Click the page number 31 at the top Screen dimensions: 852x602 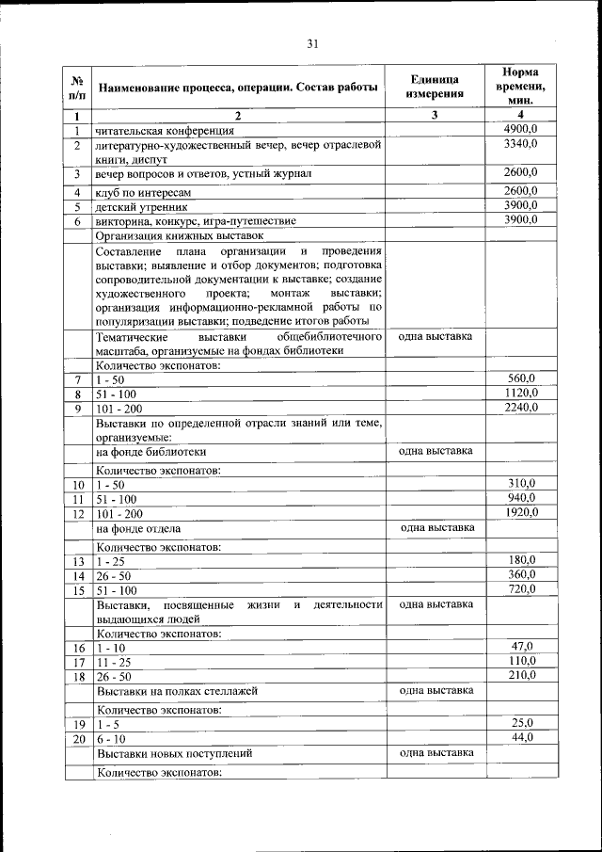[313, 42]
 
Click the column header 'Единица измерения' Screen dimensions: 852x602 [436, 87]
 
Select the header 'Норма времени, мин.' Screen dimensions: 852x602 [520, 86]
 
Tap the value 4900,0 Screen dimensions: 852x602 [520, 129]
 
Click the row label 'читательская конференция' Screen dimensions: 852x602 [165, 131]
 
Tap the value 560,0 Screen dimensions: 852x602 [520, 378]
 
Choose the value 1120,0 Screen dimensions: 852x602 [520, 393]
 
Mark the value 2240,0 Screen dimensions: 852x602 [520, 408]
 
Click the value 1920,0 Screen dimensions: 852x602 [520, 512]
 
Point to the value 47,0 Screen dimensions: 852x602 [521, 646]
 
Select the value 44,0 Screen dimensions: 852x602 [521, 737]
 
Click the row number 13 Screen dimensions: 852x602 [78, 562]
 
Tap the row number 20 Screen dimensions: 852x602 [78, 739]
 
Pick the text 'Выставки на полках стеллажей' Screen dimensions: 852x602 [177, 691]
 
